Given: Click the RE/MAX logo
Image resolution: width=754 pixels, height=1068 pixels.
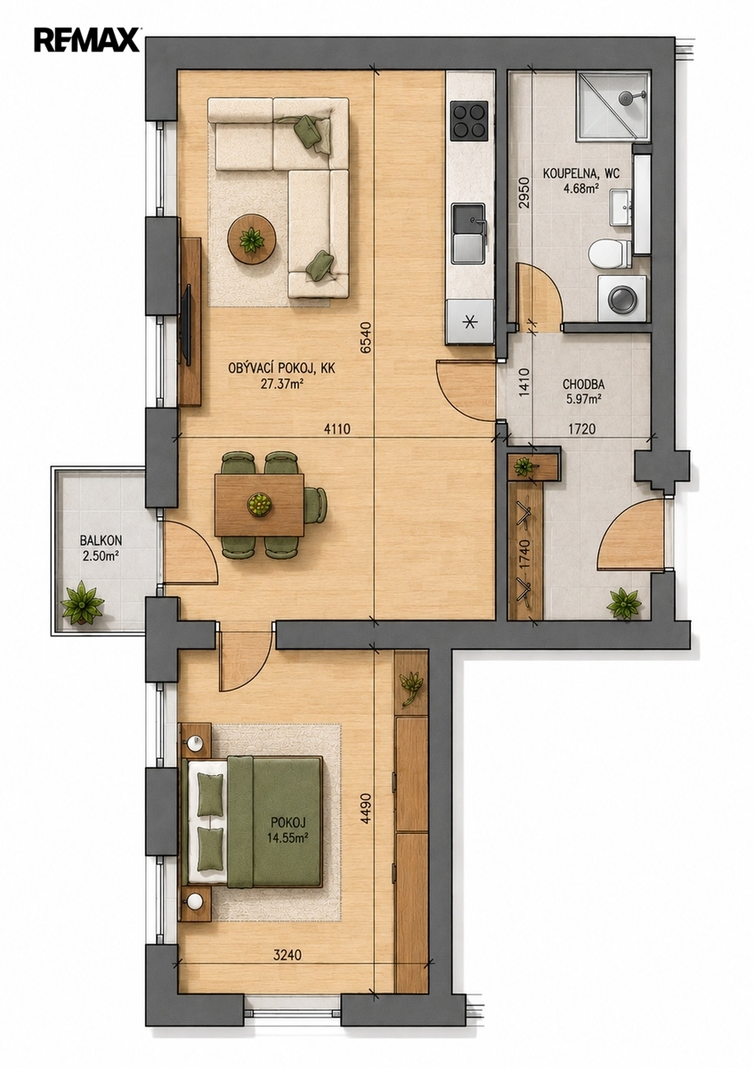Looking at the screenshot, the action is tap(86, 40).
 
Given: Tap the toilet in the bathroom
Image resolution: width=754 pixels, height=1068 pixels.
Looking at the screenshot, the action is tap(610, 253).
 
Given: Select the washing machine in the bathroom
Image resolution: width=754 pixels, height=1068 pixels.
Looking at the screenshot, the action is tap(623, 298).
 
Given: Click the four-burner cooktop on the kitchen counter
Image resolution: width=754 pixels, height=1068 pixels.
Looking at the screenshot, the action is tap(470, 121).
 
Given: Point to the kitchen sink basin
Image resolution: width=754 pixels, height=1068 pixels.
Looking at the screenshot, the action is tap(468, 233).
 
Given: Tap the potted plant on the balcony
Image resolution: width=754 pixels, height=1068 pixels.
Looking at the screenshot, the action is tap(82, 603).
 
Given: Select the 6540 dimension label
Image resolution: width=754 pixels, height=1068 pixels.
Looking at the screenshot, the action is tap(366, 337).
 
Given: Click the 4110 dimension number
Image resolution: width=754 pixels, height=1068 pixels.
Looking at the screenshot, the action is tap(337, 429).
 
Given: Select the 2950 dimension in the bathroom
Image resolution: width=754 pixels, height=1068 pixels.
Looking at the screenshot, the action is tap(524, 193).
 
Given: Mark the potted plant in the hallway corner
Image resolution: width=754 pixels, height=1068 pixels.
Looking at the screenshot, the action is tap(623, 603).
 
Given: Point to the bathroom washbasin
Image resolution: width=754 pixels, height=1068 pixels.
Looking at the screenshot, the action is tap(620, 206).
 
